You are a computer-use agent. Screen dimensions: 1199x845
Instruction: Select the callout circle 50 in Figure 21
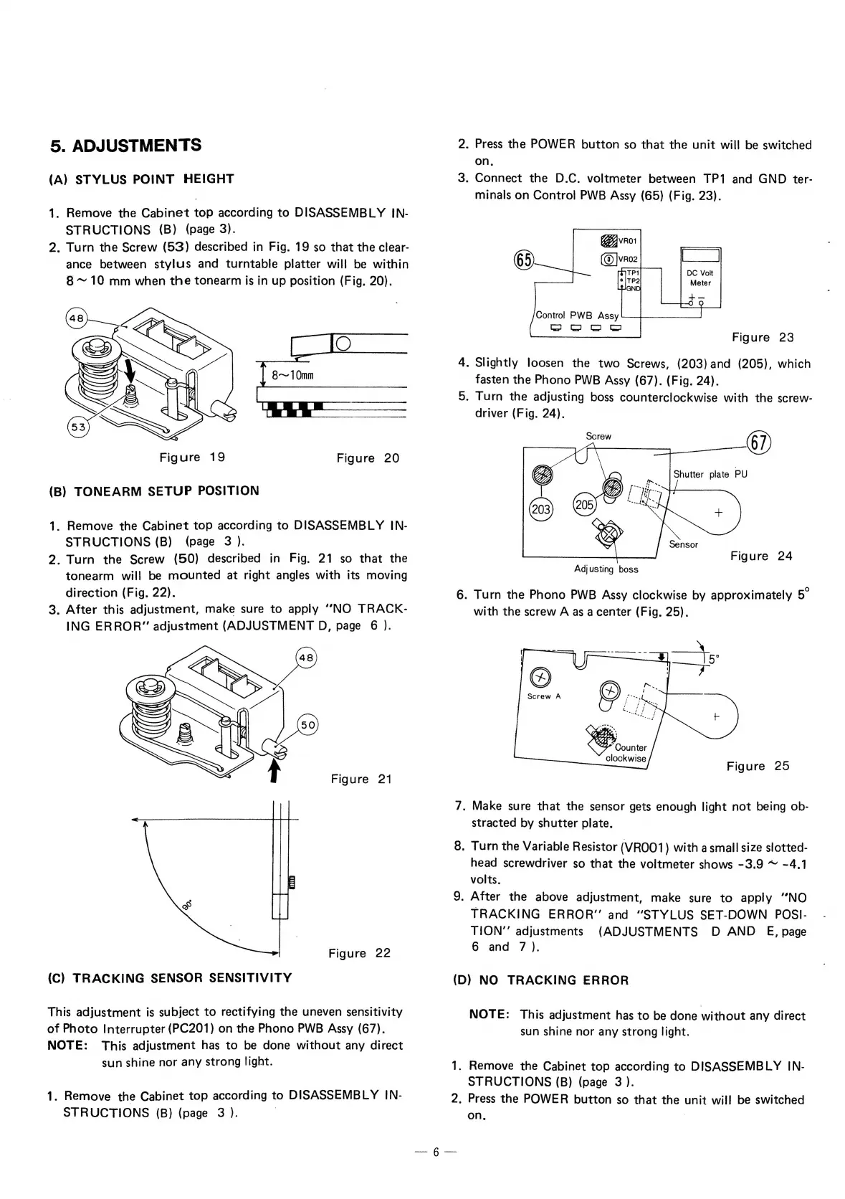[x=307, y=725]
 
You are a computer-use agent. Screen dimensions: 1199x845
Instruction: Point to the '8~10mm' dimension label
[x=294, y=375]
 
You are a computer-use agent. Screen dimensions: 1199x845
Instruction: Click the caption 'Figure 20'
[x=368, y=458]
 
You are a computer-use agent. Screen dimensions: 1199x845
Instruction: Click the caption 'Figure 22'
[x=359, y=953]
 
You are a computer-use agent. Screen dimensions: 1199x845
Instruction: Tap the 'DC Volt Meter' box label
[x=700, y=278]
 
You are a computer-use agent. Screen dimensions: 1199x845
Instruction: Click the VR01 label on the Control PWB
[x=628, y=240]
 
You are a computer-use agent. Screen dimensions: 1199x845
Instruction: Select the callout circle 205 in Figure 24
[x=585, y=505]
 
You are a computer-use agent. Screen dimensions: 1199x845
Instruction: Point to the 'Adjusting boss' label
[x=606, y=569]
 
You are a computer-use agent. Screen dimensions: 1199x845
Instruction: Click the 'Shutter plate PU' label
[x=710, y=474]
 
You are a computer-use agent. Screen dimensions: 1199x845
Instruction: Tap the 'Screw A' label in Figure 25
[x=544, y=696]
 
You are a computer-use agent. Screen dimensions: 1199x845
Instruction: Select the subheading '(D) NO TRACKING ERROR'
[x=541, y=980]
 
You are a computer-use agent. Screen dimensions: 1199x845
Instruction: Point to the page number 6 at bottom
[x=434, y=1152]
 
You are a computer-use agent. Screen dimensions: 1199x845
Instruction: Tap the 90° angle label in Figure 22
[x=188, y=909]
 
